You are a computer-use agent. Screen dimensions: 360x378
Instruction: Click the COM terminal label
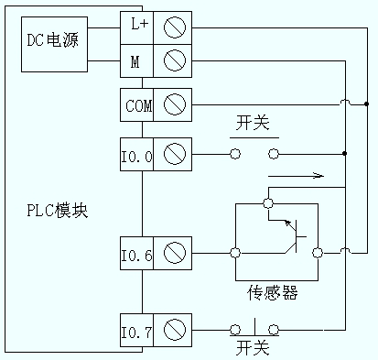pos(139,104)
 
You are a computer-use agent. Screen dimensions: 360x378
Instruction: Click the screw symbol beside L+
pos(174,27)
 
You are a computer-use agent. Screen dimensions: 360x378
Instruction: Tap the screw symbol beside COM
pos(174,104)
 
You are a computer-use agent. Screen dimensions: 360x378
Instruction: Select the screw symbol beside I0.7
pos(174,327)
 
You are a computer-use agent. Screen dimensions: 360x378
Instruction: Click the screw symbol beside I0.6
pos(174,251)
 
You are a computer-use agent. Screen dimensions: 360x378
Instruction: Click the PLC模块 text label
pos(57,212)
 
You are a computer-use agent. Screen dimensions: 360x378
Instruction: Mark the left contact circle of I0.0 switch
pos(235,154)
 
